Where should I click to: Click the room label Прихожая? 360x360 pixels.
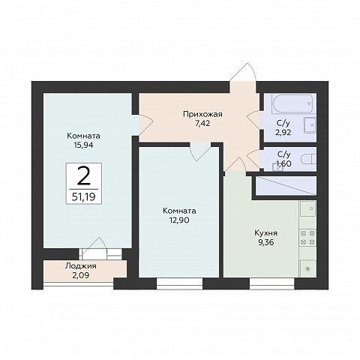pyautogui.click(x=202, y=114)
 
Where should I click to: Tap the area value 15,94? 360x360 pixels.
pyautogui.click(x=83, y=145)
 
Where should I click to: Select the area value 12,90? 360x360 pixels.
pyautogui.click(x=179, y=220)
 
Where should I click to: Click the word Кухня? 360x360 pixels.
pyautogui.click(x=266, y=233)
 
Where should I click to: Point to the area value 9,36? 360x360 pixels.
pyautogui.click(x=266, y=242)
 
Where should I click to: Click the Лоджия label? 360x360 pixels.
pyautogui.click(x=81, y=266)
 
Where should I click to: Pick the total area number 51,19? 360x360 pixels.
pyautogui.click(x=84, y=197)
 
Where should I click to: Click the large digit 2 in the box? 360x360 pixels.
pyautogui.click(x=84, y=176)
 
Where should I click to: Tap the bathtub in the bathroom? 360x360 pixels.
pyautogui.click(x=292, y=103)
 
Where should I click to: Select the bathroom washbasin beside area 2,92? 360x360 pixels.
pyautogui.click(x=310, y=125)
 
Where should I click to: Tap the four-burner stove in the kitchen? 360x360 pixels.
pyautogui.click(x=307, y=238)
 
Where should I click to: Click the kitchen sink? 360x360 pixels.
pyautogui.click(x=308, y=208)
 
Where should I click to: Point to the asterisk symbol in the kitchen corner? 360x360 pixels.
pyautogui.click(x=307, y=269)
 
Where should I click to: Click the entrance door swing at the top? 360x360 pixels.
pyautogui.click(x=244, y=72)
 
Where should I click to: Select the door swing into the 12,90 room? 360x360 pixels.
pyautogui.click(x=200, y=151)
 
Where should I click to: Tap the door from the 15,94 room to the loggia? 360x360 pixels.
pyautogui.click(x=94, y=249)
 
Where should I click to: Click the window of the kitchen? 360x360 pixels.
pyautogui.click(x=272, y=283)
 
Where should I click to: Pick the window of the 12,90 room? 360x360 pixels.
pyautogui.click(x=179, y=283)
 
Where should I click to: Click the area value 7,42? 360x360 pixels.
pyautogui.click(x=202, y=124)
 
